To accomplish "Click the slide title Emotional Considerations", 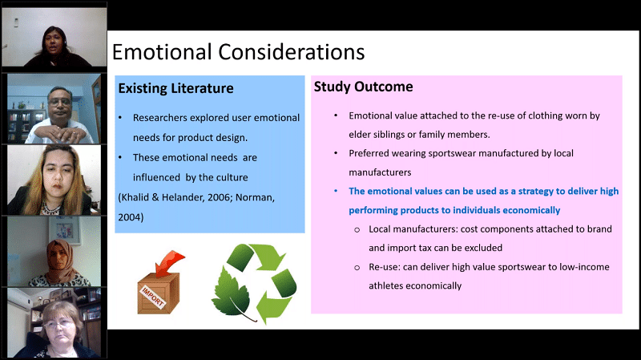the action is [238, 52].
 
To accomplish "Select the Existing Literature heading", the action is [175, 88].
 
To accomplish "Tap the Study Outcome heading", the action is [364, 87].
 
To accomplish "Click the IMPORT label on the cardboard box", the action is [152, 297].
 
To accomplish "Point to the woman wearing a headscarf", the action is [59, 264].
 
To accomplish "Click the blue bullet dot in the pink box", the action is [336, 191].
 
